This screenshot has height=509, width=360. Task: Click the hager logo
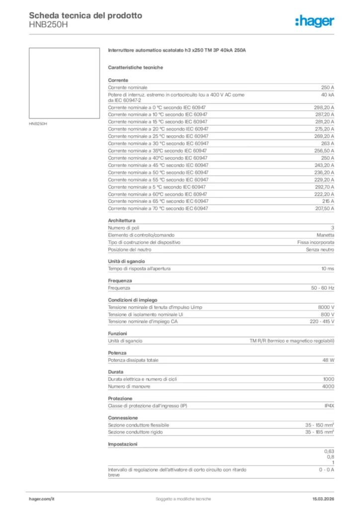[315, 21]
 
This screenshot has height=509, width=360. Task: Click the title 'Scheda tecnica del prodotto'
[86, 16]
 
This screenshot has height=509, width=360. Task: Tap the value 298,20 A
[324, 107]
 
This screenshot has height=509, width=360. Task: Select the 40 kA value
[328, 94]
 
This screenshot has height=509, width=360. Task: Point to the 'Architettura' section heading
[122, 220]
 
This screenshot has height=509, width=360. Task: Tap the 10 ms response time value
[328, 269]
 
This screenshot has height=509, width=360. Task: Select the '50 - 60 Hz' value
[323, 288]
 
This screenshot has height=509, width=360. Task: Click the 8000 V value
[326, 307]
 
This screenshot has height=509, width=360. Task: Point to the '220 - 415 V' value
[322, 322]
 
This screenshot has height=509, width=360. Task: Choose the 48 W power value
[328, 360]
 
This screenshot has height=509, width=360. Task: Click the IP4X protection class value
[329, 406]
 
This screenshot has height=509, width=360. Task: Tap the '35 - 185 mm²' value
[319, 432]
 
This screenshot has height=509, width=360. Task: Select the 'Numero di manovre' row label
[129, 386]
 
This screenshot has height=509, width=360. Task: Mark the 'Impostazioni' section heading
[123, 444]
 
